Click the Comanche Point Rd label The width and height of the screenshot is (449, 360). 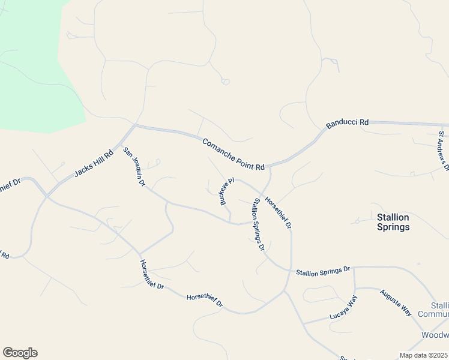pos(234,154)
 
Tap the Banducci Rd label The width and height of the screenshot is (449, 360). pos(347,124)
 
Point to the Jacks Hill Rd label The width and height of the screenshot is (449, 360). pos(94,164)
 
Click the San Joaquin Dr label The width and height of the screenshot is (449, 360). pos(134,167)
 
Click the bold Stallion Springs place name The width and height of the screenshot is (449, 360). pos(393,222)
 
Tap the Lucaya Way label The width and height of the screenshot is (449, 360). pos(343,310)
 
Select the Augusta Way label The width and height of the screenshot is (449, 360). pos(396,303)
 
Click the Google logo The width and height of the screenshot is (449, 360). pos(20,353)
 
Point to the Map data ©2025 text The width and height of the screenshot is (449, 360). pos(423,355)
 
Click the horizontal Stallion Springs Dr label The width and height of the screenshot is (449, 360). pos(322,271)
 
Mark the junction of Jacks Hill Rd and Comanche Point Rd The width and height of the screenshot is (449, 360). pos(136,126)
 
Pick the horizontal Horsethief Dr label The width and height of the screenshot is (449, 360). pos(204,300)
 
